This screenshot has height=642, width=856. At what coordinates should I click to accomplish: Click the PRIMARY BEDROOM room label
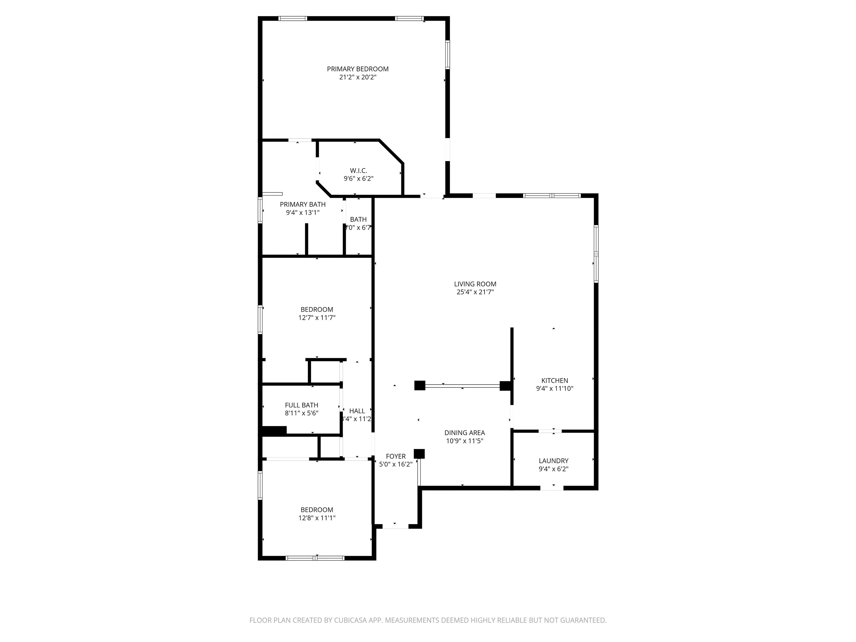(x=358, y=69)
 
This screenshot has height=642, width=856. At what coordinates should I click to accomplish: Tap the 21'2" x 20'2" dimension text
(x=358, y=77)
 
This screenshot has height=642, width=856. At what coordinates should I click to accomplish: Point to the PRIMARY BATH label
(x=303, y=204)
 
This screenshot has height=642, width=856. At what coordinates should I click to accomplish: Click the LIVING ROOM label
(x=475, y=284)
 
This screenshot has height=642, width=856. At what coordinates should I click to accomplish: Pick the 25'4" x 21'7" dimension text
(x=475, y=292)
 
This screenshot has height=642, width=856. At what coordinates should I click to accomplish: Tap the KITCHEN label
(x=554, y=380)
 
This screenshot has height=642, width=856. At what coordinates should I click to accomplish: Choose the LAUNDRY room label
(x=553, y=461)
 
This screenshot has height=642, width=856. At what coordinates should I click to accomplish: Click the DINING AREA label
(x=464, y=433)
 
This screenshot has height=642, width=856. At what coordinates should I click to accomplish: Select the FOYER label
(x=396, y=456)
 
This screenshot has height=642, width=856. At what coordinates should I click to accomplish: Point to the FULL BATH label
(x=301, y=405)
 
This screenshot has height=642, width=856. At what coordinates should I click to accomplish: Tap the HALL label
(x=357, y=411)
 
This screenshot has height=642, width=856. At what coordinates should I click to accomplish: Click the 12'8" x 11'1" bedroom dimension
(x=317, y=518)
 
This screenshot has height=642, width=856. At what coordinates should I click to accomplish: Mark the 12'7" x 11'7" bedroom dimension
(x=317, y=318)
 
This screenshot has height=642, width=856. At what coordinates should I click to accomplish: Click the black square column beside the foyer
(x=419, y=454)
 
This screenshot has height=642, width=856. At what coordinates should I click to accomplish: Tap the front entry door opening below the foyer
(x=395, y=526)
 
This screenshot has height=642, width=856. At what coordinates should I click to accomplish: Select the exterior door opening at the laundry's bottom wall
(x=552, y=488)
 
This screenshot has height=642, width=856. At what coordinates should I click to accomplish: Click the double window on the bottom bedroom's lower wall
(x=315, y=558)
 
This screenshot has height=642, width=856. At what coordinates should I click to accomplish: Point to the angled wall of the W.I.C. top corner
(x=391, y=151)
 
